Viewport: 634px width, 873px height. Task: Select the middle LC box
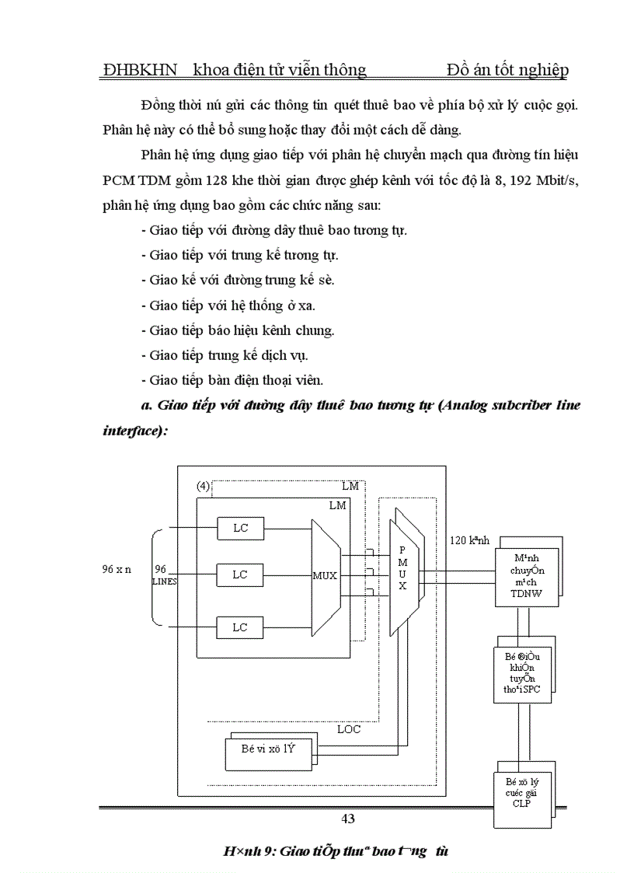pos(240,574)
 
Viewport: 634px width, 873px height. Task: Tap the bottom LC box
pos(240,627)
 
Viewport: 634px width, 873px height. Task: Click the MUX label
pos(325,576)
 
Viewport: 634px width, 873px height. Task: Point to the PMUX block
pos(403,568)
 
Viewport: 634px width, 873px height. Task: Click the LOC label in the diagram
pos(349,729)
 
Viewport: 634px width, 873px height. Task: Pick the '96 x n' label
pos(117,568)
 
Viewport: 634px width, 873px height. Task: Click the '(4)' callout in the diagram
pos(204,486)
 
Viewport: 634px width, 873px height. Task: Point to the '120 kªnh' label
pos(470,540)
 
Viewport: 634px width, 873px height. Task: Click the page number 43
pos(348,818)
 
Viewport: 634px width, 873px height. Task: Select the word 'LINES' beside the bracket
pos(164,581)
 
